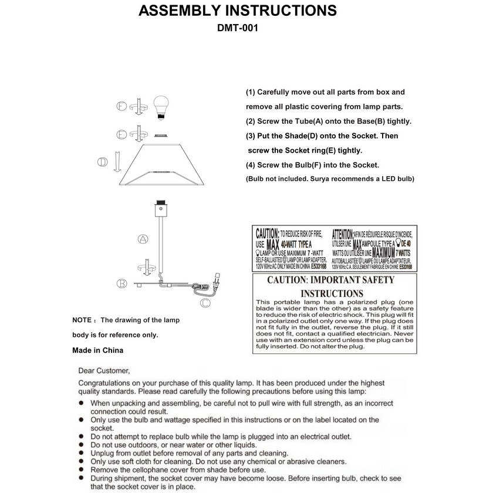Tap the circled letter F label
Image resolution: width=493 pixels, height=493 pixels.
click(x=121, y=106)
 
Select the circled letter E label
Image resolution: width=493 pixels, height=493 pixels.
click(x=121, y=134)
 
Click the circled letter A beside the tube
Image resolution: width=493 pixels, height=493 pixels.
click(x=142, y=239)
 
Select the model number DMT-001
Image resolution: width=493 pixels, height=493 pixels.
click(x=238, y=28)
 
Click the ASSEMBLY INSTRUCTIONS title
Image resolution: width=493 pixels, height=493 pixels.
click(x=238, y=11)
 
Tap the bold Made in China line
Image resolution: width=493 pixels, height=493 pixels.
click(x=97, y=350)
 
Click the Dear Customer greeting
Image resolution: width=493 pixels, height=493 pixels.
click(x=104, y=370)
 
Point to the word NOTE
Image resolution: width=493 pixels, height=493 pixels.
click(x=82, y=320)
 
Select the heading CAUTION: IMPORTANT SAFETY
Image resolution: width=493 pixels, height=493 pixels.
click(x=331, y=280)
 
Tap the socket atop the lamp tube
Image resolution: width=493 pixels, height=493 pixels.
click(x=160, y=209)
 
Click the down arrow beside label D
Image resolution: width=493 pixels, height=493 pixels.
click(x=118, y=161)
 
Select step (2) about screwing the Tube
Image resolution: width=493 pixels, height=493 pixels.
click(x=328, y=121)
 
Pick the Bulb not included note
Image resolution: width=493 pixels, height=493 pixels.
click(x=330, y=178)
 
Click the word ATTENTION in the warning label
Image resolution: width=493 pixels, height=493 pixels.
click(x=342, y=233)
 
